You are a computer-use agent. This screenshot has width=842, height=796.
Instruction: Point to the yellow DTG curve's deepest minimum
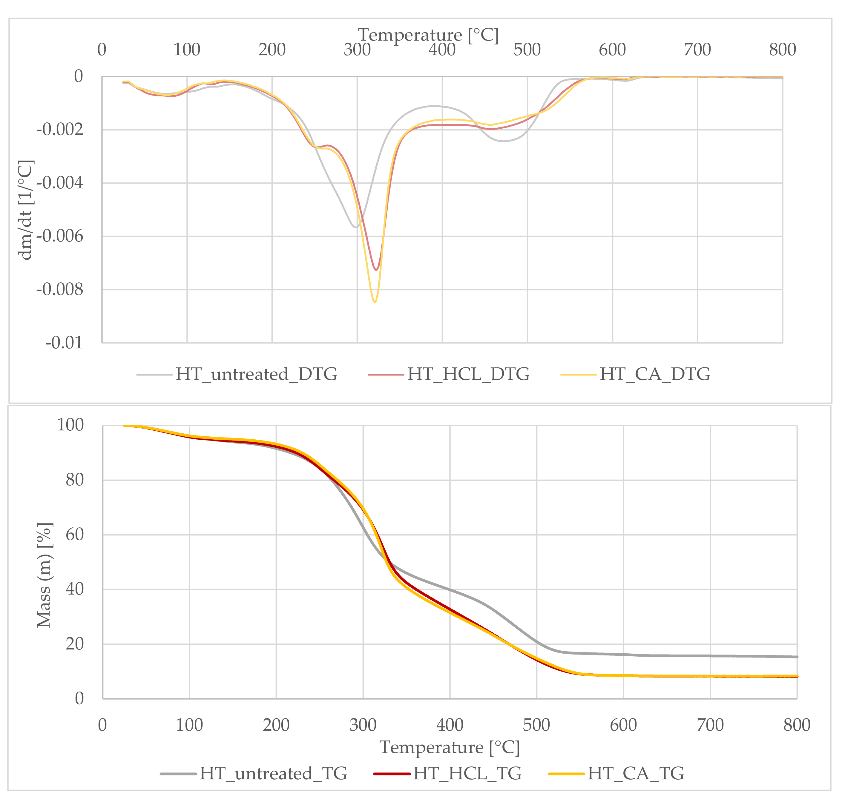coord(375,302)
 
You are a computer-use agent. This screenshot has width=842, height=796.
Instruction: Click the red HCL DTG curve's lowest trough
coord(376,270)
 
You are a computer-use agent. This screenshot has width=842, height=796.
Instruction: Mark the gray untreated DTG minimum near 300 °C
coord(356,227)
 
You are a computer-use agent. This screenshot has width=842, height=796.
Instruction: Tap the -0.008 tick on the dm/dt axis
coord(60,290)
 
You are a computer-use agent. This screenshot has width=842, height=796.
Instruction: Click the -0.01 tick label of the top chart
coord(64,343)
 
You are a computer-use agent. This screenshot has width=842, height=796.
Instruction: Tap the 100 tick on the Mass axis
coord(70,425)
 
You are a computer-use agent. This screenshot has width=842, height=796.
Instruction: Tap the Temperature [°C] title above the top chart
coord(428,35)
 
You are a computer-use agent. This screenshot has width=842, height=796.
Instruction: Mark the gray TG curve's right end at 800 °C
coord(797,657)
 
